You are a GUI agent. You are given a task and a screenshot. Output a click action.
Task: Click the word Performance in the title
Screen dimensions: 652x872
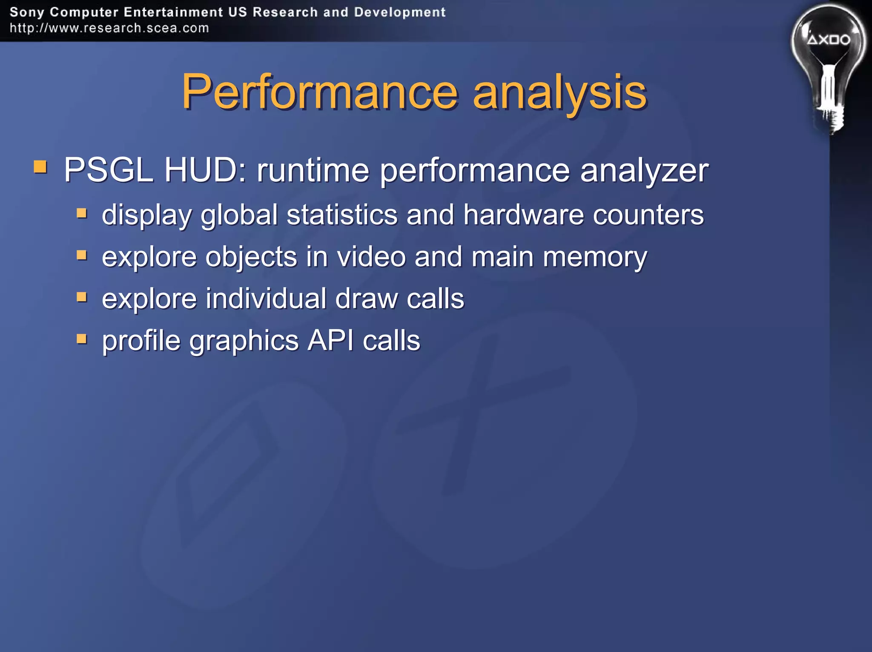(x=319, y=92)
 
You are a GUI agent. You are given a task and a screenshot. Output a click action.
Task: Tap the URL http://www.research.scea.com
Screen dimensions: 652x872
(x=109, y=28)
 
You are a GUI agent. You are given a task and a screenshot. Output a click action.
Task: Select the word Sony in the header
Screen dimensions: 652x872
(x=26, y=12)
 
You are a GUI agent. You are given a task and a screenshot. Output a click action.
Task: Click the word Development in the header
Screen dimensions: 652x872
(x=399, y=12)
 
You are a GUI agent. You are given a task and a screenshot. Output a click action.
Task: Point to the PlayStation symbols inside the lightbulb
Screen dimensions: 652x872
(x=829, y=40)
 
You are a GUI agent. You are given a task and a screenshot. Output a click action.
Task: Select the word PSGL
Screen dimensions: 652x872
(x=108, y=170)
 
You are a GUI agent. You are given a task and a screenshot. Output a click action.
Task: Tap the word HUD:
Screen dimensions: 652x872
(x=205, y=170)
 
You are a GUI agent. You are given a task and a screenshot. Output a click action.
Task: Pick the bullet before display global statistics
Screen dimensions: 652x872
(x=82, y=213)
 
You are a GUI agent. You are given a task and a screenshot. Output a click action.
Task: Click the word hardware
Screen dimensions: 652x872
(x=523, y=214)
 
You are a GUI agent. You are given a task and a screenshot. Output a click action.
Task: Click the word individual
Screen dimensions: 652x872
(x=266, y=299)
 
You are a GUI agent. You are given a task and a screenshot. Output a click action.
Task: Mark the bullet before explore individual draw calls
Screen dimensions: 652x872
(x=82, y=296)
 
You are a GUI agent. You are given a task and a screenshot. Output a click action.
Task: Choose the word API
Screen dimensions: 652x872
(x=330, y=340)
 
